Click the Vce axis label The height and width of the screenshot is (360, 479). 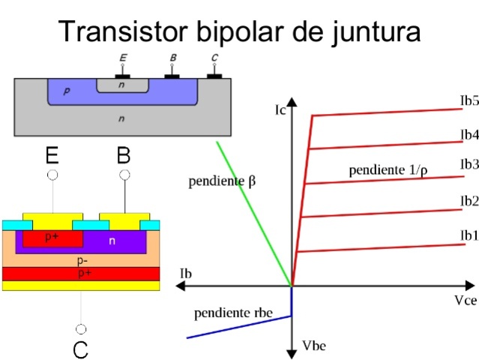[464, 299]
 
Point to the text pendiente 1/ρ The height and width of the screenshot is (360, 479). [388, 170]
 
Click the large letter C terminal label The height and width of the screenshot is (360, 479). [81, 349]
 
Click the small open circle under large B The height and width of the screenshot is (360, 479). [124, 175]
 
